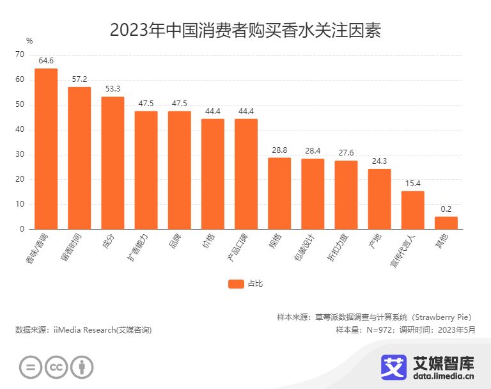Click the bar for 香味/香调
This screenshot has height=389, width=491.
[46, 148]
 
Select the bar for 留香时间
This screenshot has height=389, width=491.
[79, 158]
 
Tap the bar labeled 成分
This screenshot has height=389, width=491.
[113, 163]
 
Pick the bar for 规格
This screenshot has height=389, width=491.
[279, 193]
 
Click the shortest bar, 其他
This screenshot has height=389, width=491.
[446, 223]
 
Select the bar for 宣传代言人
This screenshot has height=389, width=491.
[412, 210]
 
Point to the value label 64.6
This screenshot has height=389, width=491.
[46, 61]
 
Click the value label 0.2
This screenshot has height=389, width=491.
[446, 209]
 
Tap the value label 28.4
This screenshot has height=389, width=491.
[313, 151]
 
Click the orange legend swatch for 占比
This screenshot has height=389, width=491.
[236, 284]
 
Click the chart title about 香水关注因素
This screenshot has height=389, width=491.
[245, 30]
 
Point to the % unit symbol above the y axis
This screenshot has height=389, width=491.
[29, 41]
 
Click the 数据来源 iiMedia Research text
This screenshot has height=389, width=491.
[84, 329]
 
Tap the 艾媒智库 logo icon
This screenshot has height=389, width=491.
[394, 367]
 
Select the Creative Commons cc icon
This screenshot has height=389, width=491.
[56, 367]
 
